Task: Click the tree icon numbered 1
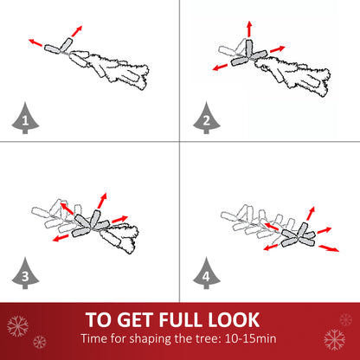pyautogui.click(x=25, y=119)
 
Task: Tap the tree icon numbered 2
pyautogui.click(x=207, y=119)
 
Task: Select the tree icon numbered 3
pyautogui.click(x=25, y=273)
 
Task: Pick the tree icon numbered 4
pyautogui.click(x=207, y=273)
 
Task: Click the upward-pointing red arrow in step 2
pyautogui.click(x=249, y=29)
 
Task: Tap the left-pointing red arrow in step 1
pyautogui.click(x=35, y=42)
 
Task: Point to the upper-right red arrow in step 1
pyautogui.click(x=77, y=31)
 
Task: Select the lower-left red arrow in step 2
pyautogui.click(x=220, y=67)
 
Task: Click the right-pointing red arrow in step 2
pyautogui.click(x=278, y=48)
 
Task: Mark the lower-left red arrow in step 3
pyautogui.click(x=61, y=238)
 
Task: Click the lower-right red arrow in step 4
pyautogui.click(x=329, y=248)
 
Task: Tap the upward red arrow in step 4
pyautogui.click(x=311, y=214)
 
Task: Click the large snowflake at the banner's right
pyautogui.click(x=335, y=339)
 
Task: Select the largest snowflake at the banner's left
pyautogui.click(x=17, y=326)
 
